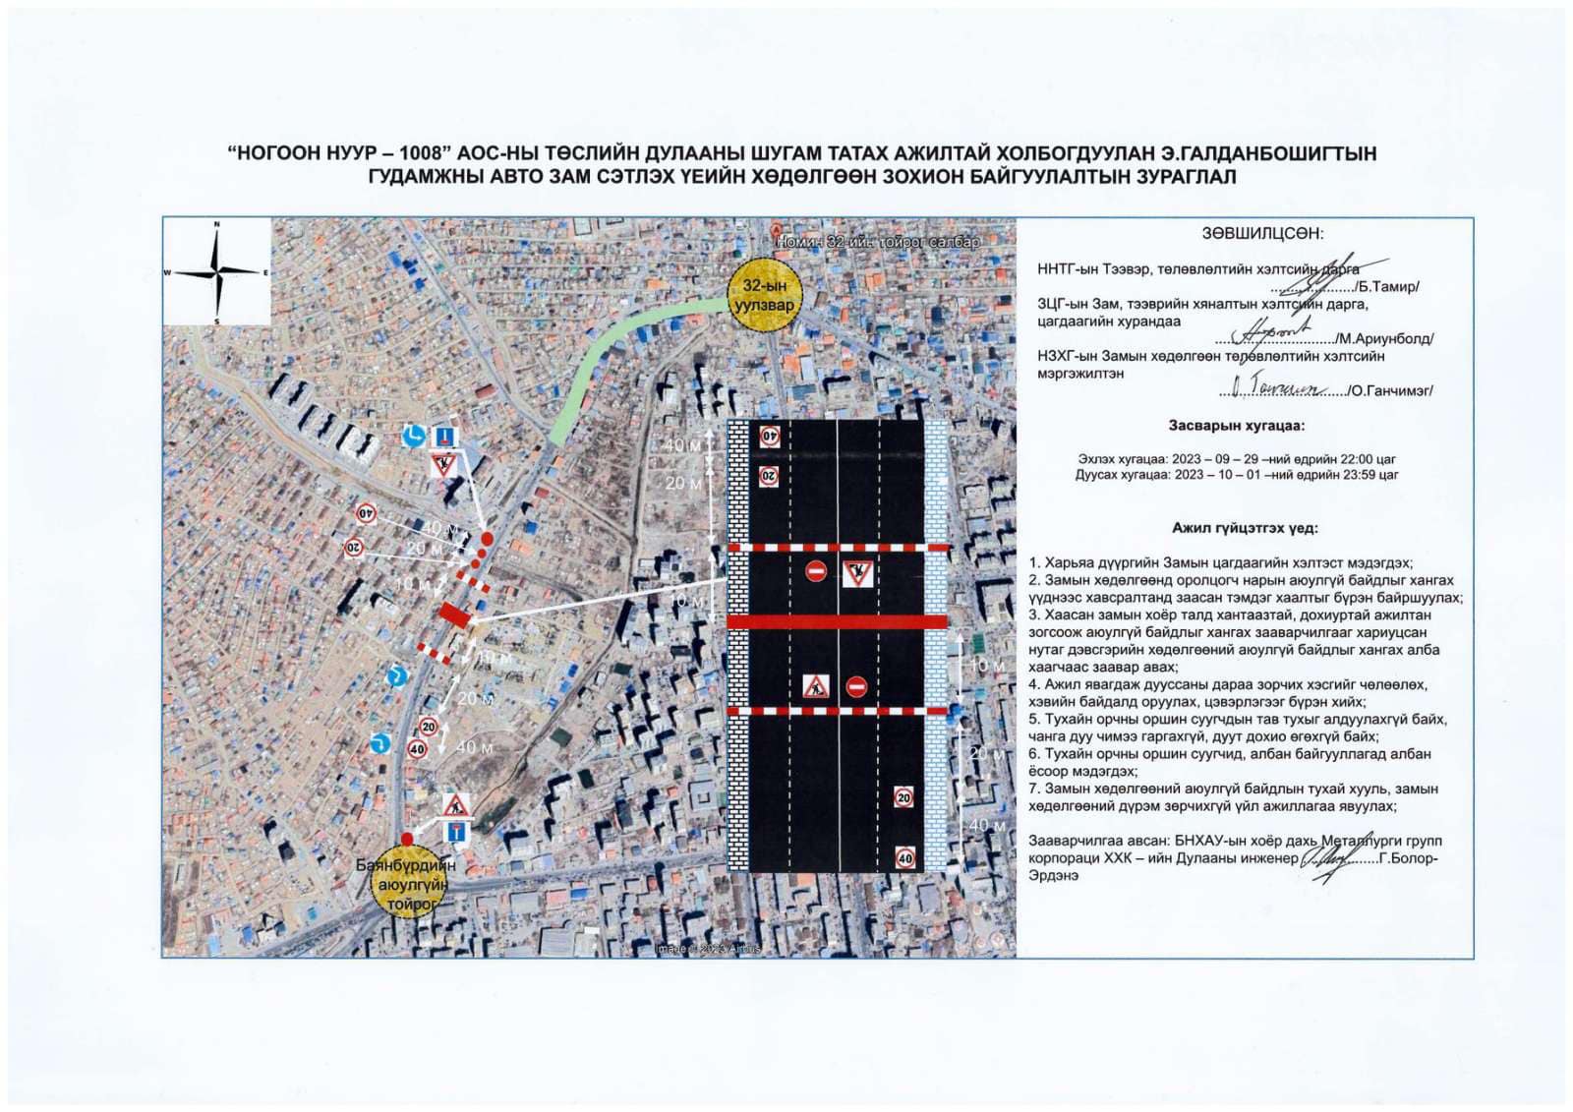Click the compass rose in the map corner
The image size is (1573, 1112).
coord(217,271)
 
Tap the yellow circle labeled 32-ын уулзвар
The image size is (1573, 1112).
coord(764,296)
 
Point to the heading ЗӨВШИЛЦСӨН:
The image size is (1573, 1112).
coord(1262,234)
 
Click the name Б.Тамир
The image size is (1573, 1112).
coord(1388,287)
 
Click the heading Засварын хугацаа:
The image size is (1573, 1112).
coord(1236,426)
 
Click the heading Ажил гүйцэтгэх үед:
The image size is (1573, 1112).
coord(1244,528)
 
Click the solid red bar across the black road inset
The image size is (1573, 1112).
coord(837,621)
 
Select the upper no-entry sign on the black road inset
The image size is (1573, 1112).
coord(816,571)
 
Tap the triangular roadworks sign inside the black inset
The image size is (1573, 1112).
coord(815,686)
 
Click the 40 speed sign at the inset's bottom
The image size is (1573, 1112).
coord(904,858)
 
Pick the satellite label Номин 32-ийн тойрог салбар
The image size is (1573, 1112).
coord(878,241)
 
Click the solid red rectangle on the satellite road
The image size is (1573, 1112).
coord(455,615)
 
